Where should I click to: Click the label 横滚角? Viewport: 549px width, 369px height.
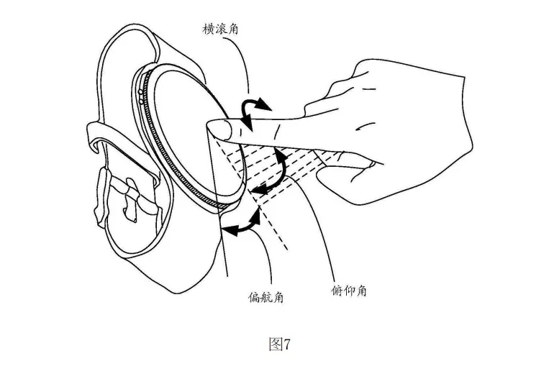tap(223, 29)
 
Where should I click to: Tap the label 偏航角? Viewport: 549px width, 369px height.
tap(266, 296)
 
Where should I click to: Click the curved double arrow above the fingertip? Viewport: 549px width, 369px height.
tap(254, 112)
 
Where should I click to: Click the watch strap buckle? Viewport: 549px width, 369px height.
tap(134, 199)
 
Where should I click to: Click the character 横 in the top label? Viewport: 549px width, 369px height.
tap(209, 29)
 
